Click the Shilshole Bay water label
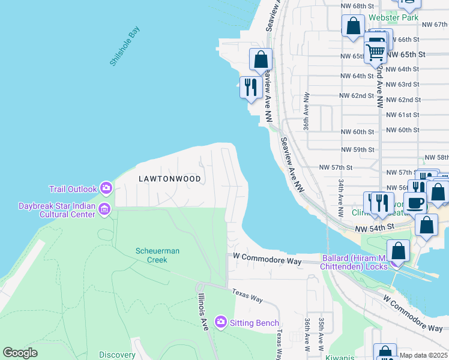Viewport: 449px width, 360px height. pyautogui.click(x=124, y=46)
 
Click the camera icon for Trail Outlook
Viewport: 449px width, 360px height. pyautogui.click(x=106, y=189)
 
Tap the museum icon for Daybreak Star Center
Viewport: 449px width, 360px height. pyautogui.click(x=104, y=209)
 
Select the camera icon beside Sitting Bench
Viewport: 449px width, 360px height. pyautogui.click(x=220, y=323)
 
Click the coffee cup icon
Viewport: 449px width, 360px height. pyautogui.click(x=415, y=202)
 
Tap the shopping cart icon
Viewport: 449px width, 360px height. pyautogui.click(x=376, y=52)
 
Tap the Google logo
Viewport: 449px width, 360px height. pyautogui.click(x=20, y=353)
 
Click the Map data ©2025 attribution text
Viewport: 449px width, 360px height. pyautogui.click(x=423, y=355)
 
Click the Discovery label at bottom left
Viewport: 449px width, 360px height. pyautogui.click(x=117, y=355)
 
